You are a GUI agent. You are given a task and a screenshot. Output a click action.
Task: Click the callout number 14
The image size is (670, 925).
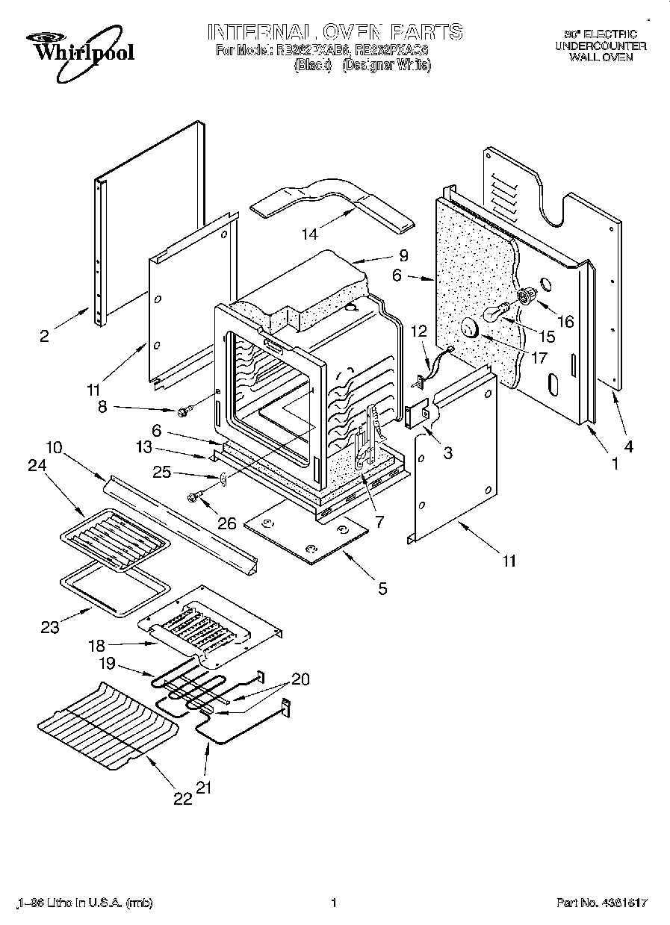coord(308,234)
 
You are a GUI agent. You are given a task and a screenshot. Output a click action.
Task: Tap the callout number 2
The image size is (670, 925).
coord(44,336)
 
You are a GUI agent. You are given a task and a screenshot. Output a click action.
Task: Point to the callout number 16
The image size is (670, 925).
coord(565,321)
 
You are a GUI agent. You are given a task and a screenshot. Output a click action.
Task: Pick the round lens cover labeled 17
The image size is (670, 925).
coord(471,326)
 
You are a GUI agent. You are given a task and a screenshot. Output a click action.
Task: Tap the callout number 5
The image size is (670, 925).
coord(382,589)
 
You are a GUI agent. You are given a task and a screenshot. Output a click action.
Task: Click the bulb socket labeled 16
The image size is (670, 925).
coord(527,295)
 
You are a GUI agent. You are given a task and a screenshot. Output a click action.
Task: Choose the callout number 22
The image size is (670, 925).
coord(182,799)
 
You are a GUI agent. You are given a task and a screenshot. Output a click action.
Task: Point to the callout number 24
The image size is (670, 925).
coord(37,465)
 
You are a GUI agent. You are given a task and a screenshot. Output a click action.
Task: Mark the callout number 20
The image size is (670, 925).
coord(300,679)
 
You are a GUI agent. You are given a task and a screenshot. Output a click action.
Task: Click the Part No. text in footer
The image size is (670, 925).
coord(602,903)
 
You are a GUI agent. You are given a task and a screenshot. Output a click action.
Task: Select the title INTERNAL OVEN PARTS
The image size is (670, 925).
coord(334,32)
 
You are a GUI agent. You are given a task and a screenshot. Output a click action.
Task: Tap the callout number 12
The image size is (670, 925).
coord(418,331)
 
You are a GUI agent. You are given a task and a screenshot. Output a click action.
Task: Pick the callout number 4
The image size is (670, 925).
coord(627,447)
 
